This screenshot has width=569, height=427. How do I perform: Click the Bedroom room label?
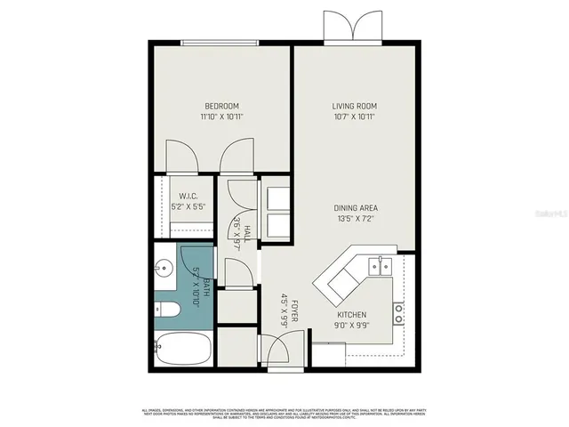point(221,106)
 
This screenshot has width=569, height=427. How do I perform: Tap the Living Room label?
point(356,106)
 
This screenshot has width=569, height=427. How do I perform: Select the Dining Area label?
point(356,208)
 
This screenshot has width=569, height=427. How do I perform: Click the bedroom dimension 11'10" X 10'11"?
point(221,117)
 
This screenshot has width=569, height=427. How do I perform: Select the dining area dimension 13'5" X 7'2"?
point(356,219)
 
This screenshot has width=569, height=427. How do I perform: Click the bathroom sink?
point(163,266)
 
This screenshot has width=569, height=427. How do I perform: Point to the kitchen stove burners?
point(399,311)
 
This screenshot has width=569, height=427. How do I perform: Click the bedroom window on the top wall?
point(221,43)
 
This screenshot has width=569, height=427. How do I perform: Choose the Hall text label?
point(248,233)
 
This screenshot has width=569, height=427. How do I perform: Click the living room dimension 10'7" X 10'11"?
point(356,117)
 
